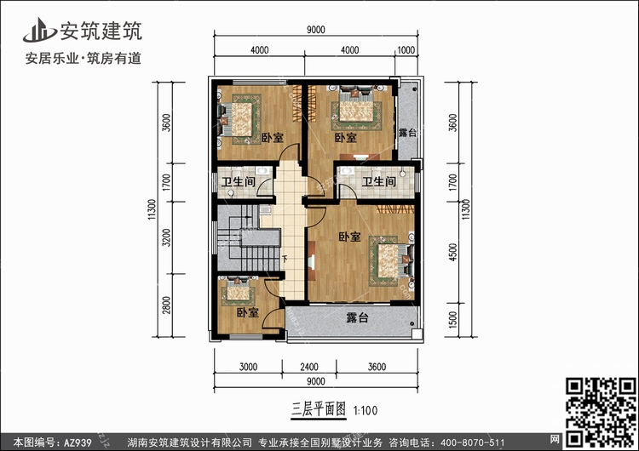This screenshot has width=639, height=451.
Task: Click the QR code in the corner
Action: point(601,412)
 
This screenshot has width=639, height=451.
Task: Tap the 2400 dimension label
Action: point(309,367)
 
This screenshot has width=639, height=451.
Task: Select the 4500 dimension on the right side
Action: point(452,252)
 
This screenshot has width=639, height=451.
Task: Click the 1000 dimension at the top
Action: point(406,50)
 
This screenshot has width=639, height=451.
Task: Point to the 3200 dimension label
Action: point(166,237)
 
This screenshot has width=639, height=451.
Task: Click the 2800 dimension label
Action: point(166,305)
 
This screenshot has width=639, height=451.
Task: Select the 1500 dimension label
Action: point(452,320)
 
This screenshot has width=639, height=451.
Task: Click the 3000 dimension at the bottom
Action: point(248,367)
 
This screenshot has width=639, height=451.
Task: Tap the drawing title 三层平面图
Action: point(319,409)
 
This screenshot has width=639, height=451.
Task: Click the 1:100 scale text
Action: point(366,410)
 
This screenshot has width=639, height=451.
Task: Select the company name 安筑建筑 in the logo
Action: point(101,31)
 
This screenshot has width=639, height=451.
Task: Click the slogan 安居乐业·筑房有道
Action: point(83,58)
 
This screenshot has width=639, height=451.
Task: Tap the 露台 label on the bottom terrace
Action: point(357,317)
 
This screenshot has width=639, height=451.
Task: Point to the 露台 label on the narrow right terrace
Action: point(407,132)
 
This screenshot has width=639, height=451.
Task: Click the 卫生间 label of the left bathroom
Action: point(239,181)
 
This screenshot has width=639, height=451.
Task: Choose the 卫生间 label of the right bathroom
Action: point(379,181)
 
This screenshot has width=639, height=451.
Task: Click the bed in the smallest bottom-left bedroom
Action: point(238,291)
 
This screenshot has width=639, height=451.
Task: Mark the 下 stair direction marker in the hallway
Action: point(285,258)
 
